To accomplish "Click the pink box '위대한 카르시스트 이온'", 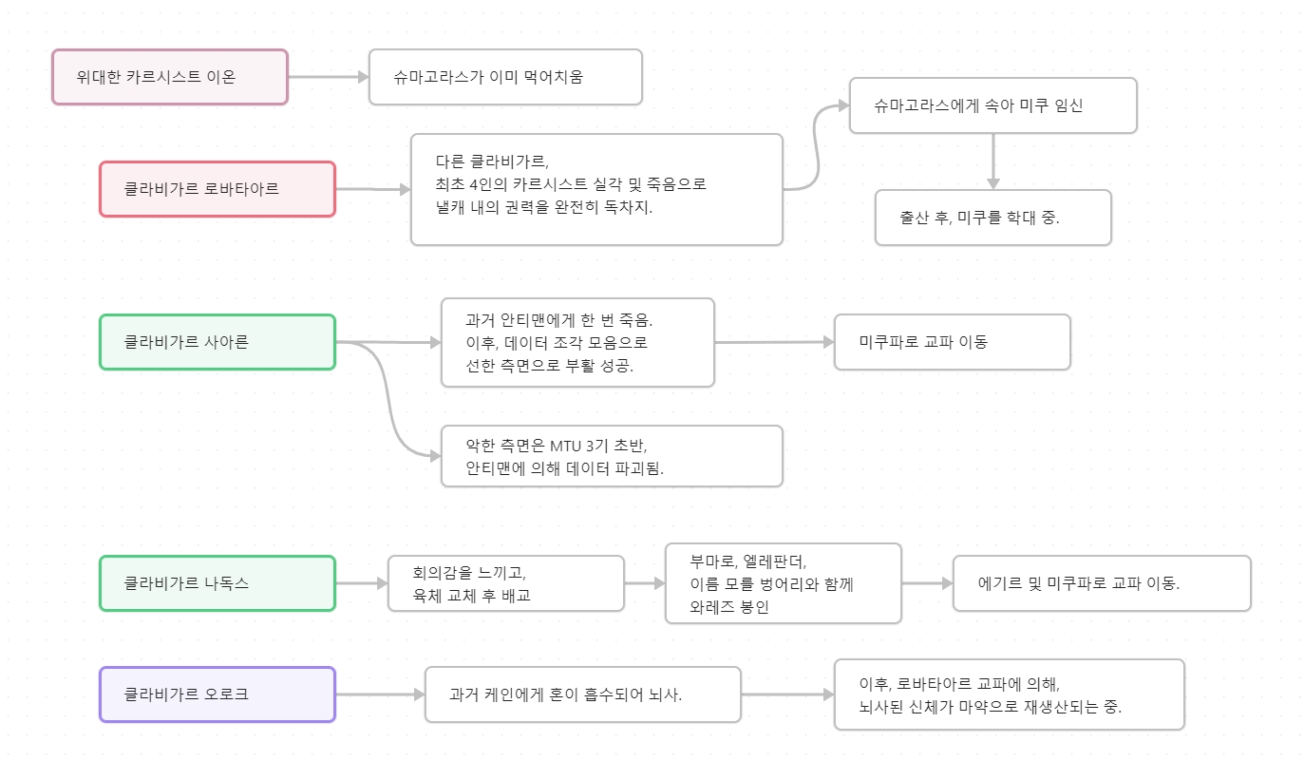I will click(x=170, y=77).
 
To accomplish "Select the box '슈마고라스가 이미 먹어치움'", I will click(x=505, y=77).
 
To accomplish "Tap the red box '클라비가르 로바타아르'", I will click(x=217, y=189).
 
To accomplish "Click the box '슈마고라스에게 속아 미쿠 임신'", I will click(x=992, y=105).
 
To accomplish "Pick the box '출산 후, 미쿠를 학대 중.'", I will click(x=992, y=218).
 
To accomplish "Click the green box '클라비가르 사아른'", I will click(x=217, y=342).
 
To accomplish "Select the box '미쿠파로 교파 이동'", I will click(x=952, y=342).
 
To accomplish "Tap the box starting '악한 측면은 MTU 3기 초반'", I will click(x=612, y=456).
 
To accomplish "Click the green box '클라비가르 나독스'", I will click(x=217, y=583).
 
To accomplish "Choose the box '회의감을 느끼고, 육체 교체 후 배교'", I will click(x=505, y=583).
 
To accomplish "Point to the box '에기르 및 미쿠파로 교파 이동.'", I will click(x=1102, y=583).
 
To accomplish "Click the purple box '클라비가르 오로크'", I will click(x=217, y=694).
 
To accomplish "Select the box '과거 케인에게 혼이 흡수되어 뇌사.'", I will click(x=582, y=694).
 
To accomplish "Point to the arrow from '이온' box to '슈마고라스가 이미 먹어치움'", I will click(x=328, y=77).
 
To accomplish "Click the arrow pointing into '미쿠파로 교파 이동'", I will click(x=774, y=342).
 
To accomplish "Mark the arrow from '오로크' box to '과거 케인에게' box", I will click(x=380, y=694).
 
